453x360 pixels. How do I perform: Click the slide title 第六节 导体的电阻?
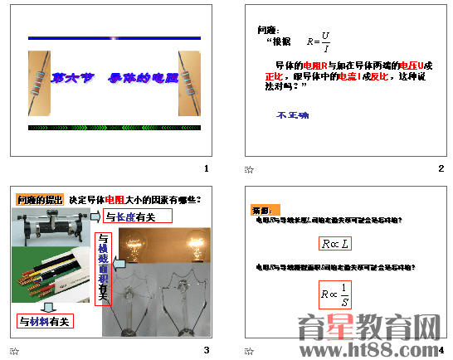114,79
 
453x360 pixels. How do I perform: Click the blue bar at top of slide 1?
114,38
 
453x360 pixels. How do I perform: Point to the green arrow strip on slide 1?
114,128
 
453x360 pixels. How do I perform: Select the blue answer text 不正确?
293,115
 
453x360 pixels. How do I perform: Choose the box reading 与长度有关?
138,216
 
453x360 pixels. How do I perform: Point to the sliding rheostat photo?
52,227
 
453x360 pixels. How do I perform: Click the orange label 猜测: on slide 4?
265,210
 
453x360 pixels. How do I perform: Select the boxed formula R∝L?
335,243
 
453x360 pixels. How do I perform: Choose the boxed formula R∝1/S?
335,294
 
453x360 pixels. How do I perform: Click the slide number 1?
206,169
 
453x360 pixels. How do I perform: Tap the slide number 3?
206,349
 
